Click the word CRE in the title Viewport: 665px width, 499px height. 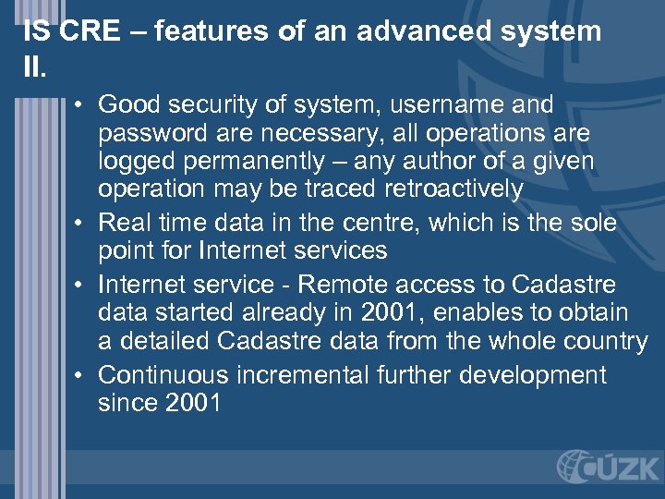pyautogui.click(x=91, y=31)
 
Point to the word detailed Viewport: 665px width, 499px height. pyautogui.click(x=163, y=342)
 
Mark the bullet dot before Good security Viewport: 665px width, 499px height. pyautogui.click(x=82, y=105)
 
